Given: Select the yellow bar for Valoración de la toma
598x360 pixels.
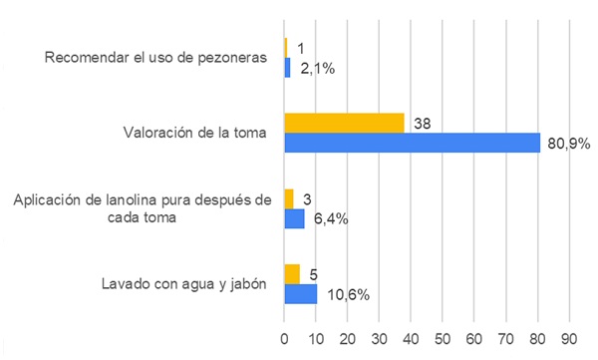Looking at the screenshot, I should pos(344,123).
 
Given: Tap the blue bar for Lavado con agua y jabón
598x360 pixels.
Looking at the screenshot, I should pos(301,294).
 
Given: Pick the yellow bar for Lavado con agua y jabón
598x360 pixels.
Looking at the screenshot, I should pos(292,274).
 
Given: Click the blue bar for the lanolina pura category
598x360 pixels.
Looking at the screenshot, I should pos(294,218).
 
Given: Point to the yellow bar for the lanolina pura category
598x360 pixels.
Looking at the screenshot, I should pos(289,198).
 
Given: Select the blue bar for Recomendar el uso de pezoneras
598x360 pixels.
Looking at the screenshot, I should pos(287,68).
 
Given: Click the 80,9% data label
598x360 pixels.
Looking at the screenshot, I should pos(570,144).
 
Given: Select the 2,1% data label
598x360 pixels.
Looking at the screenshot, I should pos(318,68).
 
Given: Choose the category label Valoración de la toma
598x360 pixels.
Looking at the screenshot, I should pos(195,133).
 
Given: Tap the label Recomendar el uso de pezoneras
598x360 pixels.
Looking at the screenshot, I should pos(156,57).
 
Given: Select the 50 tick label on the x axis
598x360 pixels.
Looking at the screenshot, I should pos(444,337).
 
